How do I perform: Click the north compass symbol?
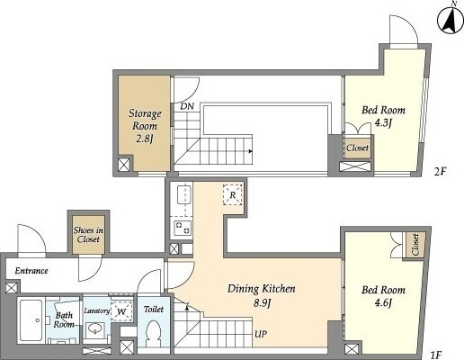[x=451, y=20]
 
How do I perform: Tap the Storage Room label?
[x=145, y=120]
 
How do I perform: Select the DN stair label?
[x=187, y=106]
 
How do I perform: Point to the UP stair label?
[x=261, y=334]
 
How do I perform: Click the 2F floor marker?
[x=441, y=172]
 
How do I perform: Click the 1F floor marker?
[x=435, y=355]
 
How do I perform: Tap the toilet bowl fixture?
[x=154, y=334]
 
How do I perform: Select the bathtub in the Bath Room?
[x=31, y=320]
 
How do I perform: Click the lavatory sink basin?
[x=94, y=330]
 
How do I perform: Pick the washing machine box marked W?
[x=121, y=311]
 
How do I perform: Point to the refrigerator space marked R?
[x=233, y=195]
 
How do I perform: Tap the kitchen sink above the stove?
[x=183, y=195]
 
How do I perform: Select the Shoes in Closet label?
[x=88, y=235]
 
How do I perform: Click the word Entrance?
[x=31, y=271]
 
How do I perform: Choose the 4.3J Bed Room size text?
[x=384, y=123]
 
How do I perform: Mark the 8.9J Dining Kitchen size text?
[x=262, y=303]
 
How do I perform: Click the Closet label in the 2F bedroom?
[x=357, y=148]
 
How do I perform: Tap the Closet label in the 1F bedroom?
[x=415, y=244]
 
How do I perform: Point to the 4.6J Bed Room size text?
[x=384, y=303]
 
